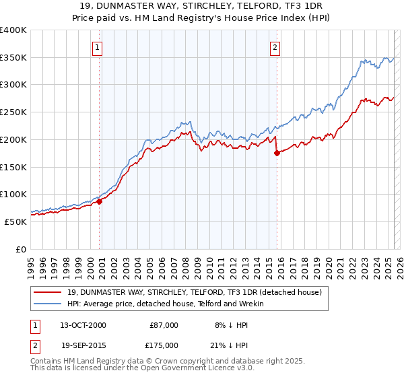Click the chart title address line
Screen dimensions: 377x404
tap(201, 7)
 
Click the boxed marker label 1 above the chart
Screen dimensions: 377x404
tap(98, 47)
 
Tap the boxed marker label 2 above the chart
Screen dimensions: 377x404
tap(276, 47)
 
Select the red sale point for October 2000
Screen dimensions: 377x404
tap(100, 201)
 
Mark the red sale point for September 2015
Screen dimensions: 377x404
tap(277, 153)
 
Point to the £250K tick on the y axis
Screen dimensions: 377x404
tap(13, 112)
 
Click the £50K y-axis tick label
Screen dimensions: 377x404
tap(15, 221)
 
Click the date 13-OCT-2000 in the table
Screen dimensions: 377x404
tap(83, 325)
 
